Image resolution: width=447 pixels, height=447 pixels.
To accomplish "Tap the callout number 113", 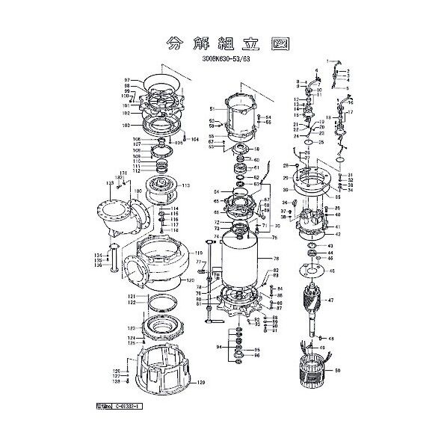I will coord(186,185).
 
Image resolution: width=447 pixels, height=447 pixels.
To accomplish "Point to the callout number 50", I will coord(338,370).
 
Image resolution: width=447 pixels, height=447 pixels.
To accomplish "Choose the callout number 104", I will coord(195,140).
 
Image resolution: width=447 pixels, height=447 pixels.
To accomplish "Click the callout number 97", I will coord(127,80).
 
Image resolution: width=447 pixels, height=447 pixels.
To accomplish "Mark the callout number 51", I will coord(212,109).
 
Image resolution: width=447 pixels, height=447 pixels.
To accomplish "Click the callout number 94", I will coord(219,348).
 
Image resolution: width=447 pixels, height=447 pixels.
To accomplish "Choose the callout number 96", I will coord(258,355).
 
